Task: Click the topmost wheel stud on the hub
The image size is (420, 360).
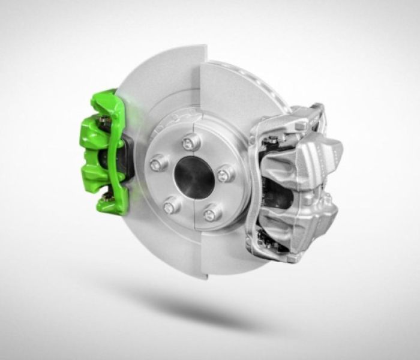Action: tap(191, 142)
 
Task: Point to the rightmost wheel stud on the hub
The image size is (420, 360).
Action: tap(224, 175)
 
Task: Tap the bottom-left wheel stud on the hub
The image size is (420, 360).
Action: tap(170, 207)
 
